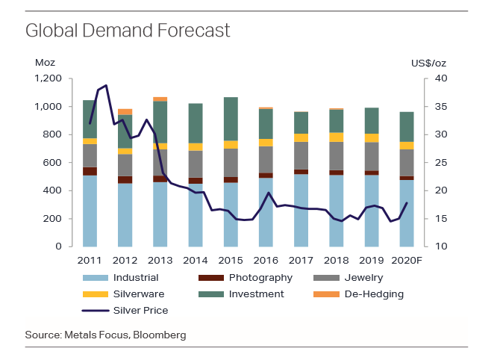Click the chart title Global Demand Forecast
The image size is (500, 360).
pos(128,31)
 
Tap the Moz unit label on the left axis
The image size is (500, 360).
pos(45,63)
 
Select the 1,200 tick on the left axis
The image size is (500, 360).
pos(48,78)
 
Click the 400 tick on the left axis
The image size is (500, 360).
pos(52,190)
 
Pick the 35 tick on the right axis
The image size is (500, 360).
pos(440,107)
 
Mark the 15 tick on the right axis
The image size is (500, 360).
pos(440,219)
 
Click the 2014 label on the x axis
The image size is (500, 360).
pos(195,260)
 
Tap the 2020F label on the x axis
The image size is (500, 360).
pos(407,260)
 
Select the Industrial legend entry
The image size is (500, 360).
pos(135,278)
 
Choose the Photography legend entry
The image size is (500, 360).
pos(260,278)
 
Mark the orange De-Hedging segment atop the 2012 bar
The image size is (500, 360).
pos(125,112)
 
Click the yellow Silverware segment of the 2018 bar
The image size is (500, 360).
pos(336,137)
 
